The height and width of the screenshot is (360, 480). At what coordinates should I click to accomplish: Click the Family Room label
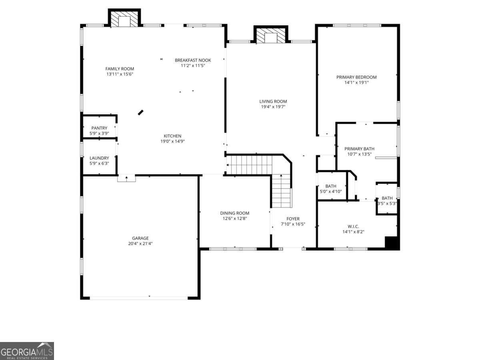pos(120,69)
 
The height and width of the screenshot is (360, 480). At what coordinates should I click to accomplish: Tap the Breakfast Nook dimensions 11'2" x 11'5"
pos(193,66)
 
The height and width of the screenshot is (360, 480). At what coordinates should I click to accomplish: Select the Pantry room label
pos(99,128)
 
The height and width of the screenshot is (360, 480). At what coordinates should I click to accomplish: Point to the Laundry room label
pos(99,158)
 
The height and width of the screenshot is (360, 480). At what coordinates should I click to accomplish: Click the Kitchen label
pos(172,136)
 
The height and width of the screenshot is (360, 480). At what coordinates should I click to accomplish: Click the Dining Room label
pos(234,213)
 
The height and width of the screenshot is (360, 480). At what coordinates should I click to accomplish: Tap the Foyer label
pos(293,219)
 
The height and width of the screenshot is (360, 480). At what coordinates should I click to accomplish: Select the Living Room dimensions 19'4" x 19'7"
pos(273,106)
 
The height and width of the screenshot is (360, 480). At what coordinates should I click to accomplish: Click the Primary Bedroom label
pos(356,77)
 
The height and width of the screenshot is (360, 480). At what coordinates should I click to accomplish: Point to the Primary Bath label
pos(360,149)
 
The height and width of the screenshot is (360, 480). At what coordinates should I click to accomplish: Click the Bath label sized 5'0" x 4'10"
pos(331,186)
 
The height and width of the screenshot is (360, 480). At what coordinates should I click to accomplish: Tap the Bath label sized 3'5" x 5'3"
pos(387,198)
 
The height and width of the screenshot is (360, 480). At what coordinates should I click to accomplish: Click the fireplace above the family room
pos(124,20)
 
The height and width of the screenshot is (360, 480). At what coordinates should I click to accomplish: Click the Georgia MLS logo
pos(27,351)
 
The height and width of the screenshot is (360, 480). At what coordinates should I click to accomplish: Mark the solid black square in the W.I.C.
pos(392,243)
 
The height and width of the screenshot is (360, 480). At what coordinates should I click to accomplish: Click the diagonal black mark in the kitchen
pos(141,112)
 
